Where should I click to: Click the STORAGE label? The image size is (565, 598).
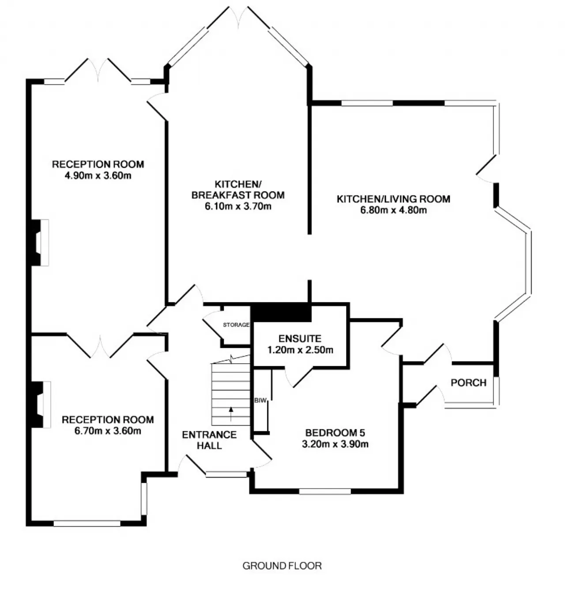236,324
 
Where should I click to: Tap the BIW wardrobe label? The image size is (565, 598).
260,400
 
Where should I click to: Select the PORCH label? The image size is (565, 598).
469,383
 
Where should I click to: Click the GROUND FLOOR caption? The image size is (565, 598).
282,566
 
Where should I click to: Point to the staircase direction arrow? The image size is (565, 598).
231,414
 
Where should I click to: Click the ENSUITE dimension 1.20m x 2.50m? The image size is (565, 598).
300,350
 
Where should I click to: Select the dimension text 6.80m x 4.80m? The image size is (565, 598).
394,210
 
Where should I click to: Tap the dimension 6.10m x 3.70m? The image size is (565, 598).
238,206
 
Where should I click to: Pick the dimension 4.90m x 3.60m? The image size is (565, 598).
98,175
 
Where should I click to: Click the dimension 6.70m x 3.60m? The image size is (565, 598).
108,431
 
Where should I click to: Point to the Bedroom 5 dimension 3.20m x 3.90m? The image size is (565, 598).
335,444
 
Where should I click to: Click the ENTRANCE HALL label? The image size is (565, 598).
209,440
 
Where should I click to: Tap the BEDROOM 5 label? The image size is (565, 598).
335,433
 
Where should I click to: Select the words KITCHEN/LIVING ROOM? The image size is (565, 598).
394,199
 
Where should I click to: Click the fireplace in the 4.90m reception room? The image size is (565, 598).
40,243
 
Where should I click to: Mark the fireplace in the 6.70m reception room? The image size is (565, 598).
41,405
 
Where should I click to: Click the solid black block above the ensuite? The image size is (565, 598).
282,312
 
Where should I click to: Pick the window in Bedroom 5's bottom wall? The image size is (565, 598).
325,491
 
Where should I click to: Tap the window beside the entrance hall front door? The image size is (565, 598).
226,474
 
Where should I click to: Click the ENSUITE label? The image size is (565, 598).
300,339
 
